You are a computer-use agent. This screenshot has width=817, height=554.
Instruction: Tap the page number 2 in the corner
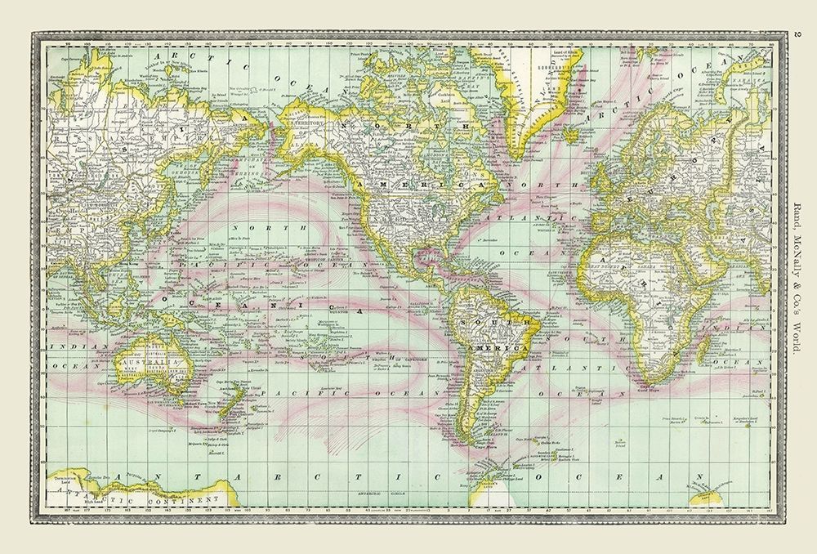coord(797,35)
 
